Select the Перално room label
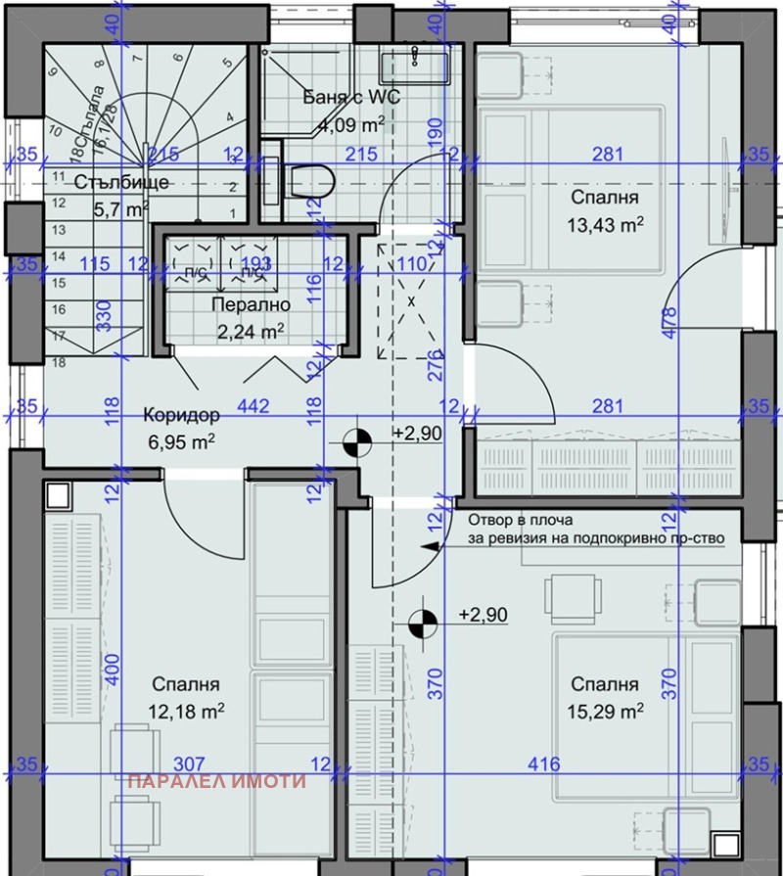click(249, 304)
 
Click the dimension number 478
click(668, 323)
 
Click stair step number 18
click(58, 362)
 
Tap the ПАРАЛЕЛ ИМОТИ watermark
click(217, 781)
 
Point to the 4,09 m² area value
click(350, 125)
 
